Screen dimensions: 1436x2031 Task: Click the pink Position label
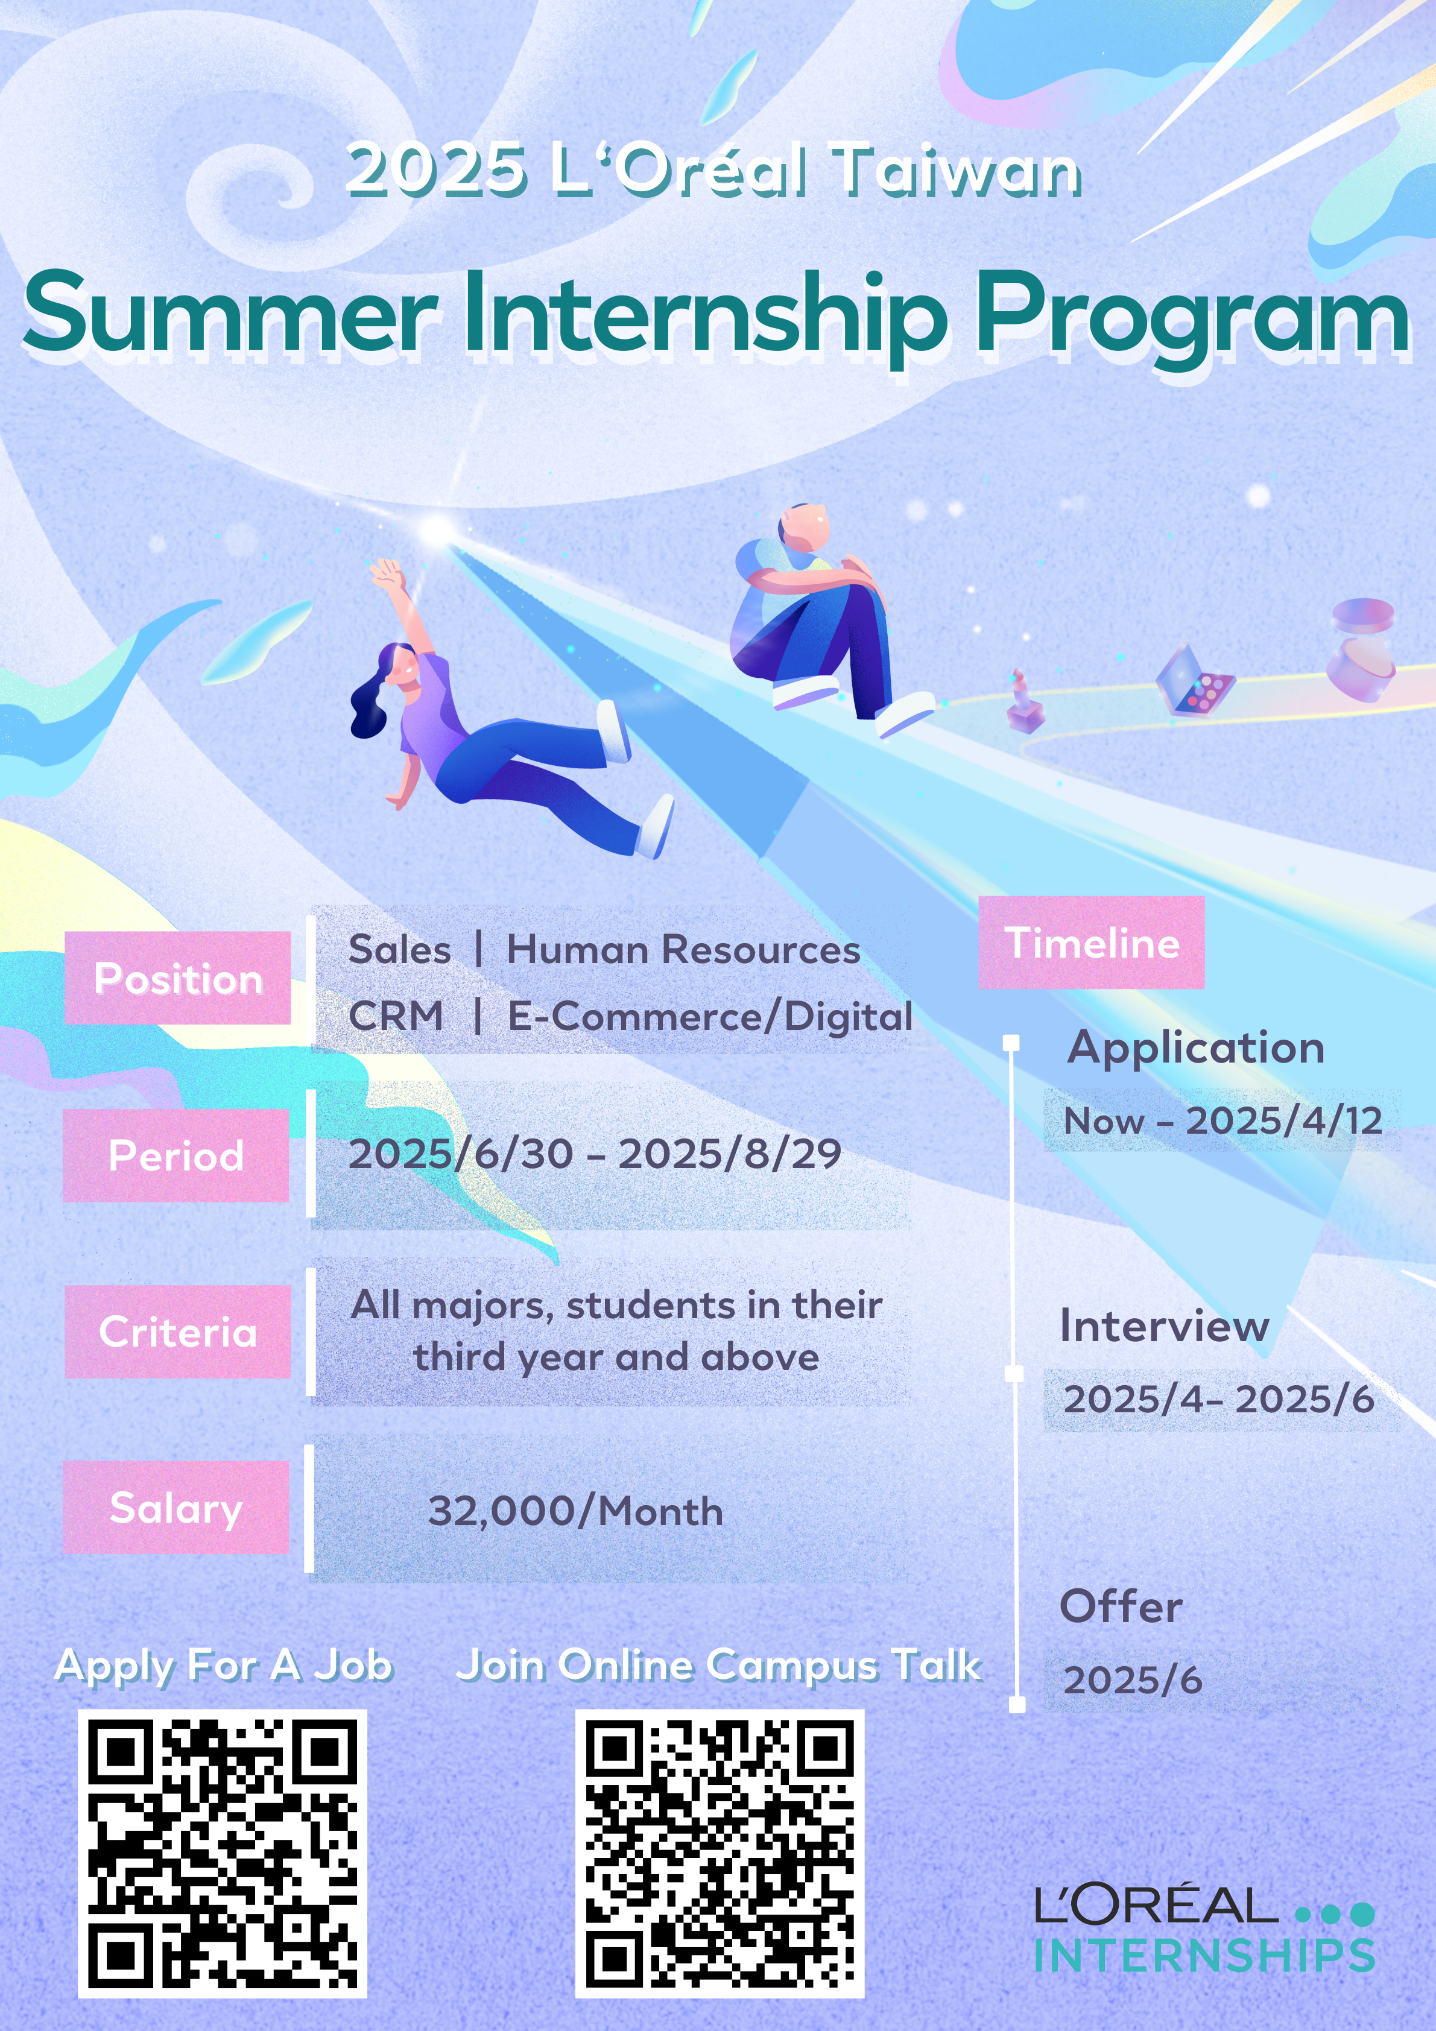click(x=178, y=978)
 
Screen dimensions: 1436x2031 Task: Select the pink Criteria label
click(x=178, y=1331)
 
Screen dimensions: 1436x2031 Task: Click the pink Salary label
click(x=176, y=1508)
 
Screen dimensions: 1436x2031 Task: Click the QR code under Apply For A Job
click(x=222, y=1853)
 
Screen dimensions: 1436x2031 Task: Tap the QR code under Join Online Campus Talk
click(x=720, y=1853)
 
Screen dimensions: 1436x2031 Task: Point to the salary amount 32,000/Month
click(x=575, y=1511)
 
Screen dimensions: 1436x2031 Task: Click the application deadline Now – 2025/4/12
click(x=1222, y=1121)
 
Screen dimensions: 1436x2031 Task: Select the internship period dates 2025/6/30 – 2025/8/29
click(x=595, y=1154)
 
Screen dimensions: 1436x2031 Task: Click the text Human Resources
click(x=683, y=949)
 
